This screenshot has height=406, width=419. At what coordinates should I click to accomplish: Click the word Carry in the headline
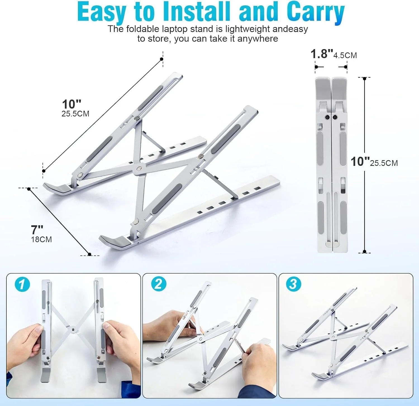tap(316, 12)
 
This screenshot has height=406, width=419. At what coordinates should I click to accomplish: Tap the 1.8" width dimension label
tap(322, 54)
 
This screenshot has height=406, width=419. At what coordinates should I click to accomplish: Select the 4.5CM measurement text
tap(345, 55)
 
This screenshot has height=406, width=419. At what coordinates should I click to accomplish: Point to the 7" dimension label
tap(37, 229)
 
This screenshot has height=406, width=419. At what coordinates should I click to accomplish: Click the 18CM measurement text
tap(41, 239)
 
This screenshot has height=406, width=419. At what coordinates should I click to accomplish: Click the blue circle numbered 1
tap(22, 285)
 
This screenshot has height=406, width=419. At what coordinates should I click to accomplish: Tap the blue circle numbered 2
tap(158, 284)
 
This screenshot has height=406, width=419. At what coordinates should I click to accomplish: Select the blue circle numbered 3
tap(294, 284)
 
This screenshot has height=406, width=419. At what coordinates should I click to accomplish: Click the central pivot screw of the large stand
tap(139, 168)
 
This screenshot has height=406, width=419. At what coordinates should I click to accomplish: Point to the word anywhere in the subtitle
tap(258, 38)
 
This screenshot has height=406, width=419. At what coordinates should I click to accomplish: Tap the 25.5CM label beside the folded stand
tap(384, 163)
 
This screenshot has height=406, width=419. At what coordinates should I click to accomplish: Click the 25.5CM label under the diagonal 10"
tap(75, 114)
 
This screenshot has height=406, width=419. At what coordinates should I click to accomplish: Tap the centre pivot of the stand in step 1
tap(73, 330)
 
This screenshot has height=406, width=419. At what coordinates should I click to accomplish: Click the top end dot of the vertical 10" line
tap(365, 79)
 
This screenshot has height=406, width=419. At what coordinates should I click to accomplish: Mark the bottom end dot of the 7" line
tap(89, 254)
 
